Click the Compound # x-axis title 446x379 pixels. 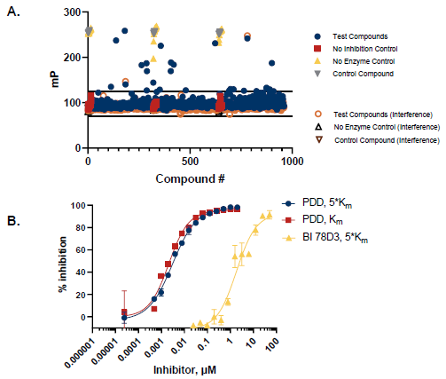pos(189,178)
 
